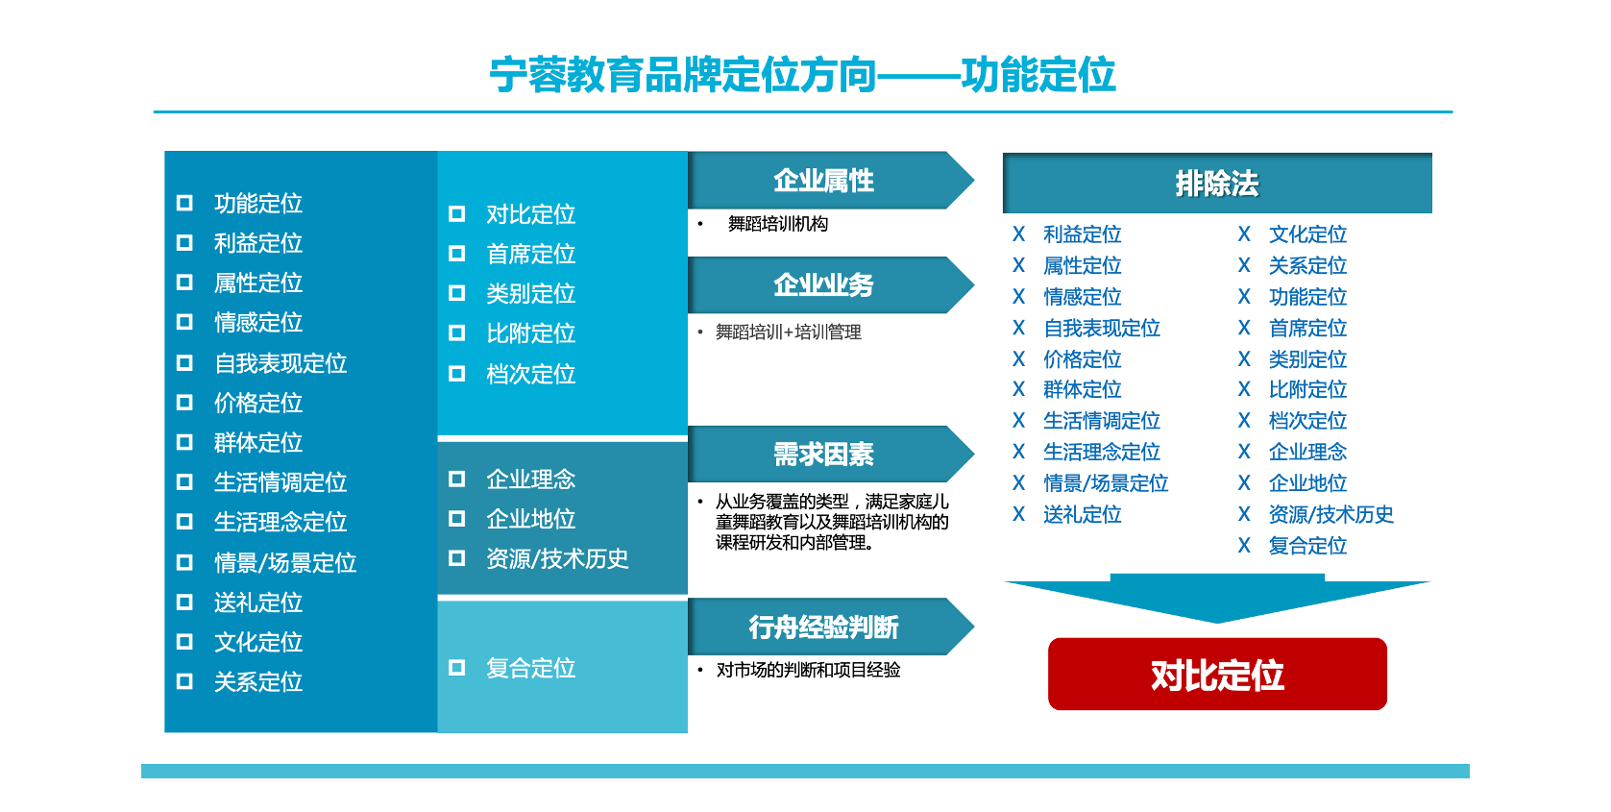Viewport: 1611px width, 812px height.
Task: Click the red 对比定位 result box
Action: pos(1217,674)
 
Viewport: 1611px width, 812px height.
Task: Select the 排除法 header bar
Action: pos(1217,183)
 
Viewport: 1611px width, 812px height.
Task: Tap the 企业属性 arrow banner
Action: pos(831,180)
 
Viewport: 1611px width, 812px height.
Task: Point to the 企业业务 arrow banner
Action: pos(831,284)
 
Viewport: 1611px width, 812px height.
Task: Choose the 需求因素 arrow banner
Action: pos(831,454)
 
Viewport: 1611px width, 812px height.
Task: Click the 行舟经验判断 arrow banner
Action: pos(831,627)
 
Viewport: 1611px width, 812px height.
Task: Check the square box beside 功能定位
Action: pos(184,203)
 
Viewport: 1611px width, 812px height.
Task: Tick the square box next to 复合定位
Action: pos(456,668)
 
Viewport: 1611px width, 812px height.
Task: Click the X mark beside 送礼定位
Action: pos(1018,513)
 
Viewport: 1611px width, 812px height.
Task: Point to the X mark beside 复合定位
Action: pos(1244,545)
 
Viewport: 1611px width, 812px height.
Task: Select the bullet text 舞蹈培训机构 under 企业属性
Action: pos(777,224)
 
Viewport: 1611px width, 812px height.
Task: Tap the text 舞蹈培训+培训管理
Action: pos(789,332)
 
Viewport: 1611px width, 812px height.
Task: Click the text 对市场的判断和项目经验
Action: pos(808,670)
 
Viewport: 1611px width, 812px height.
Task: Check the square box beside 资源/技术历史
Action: pos(456,558)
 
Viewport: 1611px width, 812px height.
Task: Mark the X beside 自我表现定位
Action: pos(1018,328)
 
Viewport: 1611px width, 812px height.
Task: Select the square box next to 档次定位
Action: pos(456,373)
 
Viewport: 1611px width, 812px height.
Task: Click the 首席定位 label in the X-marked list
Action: pos(1307,328)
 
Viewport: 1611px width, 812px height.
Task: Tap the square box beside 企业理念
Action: pos(456,479)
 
